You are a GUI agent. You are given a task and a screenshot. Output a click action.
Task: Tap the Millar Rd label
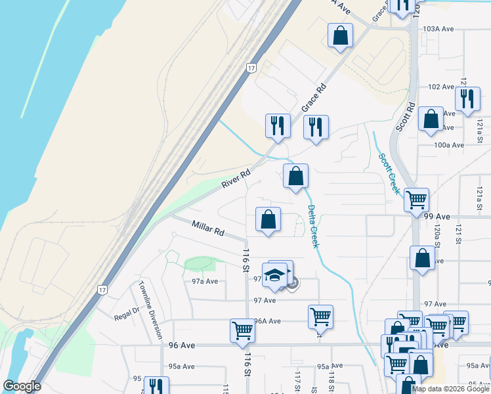coord(208,229)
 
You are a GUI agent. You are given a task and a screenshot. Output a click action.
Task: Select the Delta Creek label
coord(313,227)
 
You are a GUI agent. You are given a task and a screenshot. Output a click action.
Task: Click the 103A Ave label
coord(439,29)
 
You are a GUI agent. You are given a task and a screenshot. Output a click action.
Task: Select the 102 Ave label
coord(441,87)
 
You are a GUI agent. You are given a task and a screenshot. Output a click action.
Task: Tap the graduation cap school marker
coord(276,274)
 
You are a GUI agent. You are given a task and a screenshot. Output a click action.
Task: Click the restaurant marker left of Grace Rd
coord(278,125)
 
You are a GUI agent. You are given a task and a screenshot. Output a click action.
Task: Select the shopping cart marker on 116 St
coord(242,330)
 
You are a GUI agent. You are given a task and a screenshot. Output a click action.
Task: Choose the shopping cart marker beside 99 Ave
coord(416,199)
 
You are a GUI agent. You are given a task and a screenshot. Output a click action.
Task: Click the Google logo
coord(22,386)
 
